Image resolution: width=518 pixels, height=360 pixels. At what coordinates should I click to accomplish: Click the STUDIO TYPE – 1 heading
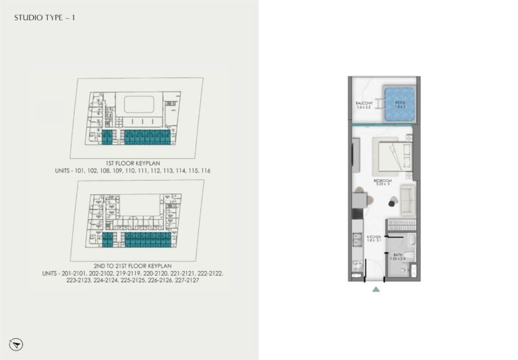tap(45, 19)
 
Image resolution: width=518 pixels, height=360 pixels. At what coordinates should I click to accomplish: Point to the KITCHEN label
tap(374, 237)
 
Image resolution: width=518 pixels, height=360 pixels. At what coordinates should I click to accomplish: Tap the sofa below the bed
tap(407, 197)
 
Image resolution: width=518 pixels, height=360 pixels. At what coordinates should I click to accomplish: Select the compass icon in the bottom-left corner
tap(18, 344)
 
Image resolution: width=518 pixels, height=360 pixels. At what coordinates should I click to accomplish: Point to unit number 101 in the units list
tap(88, 171)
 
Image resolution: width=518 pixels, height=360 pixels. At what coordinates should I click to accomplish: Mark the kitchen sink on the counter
tap(356, 239)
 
